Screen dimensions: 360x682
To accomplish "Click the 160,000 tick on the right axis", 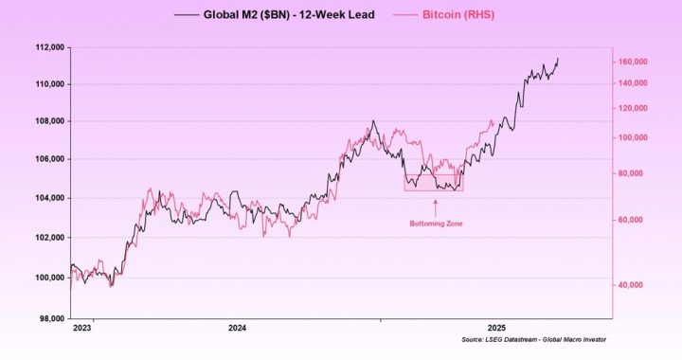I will click(x=632, y=62).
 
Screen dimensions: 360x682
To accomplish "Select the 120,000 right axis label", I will click(x=632, y=108).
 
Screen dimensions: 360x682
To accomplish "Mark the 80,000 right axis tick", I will click(x=634, y=173).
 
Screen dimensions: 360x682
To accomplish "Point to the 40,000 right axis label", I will click(x=634, y=284).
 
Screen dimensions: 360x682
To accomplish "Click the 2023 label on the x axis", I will click(x=82, y=328).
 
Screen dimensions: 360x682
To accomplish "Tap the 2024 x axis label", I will click(x=237, y=328).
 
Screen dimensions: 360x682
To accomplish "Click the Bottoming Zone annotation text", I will click(x=436, y=224).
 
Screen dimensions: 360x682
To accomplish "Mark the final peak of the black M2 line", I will click(x=557, y=59).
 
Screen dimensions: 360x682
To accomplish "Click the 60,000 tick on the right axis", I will click(x=634, y=220).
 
